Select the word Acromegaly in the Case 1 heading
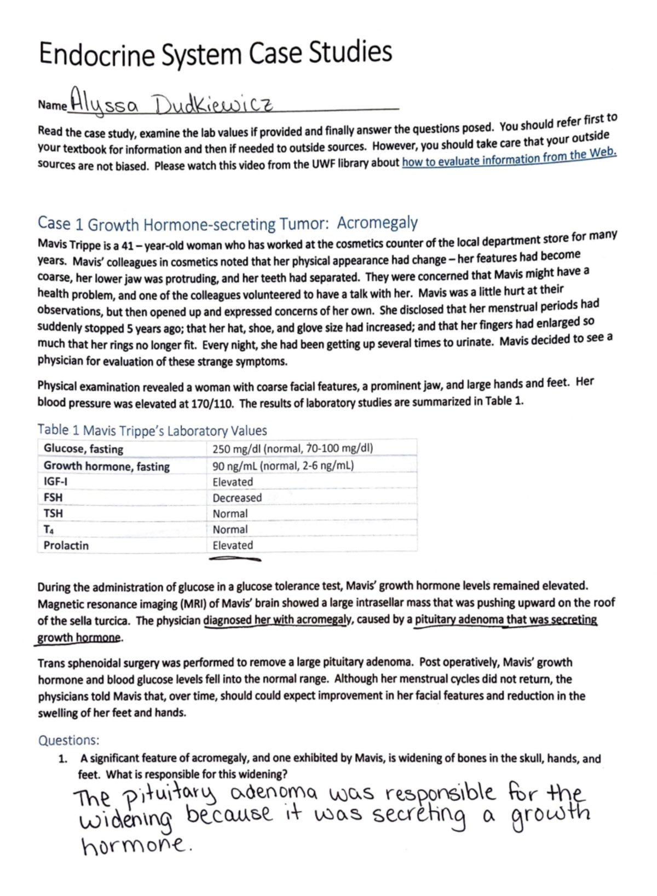pyautogui.click(x=377, y=223)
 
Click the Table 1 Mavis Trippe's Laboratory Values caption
pyautogui.click(x=152, y=430)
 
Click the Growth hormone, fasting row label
pyautogui.click(x=107, y=466)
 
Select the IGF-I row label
pyautogui.click(x=55, y=482)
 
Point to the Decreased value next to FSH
pyautogui.click(x=237, y=498)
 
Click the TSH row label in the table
pyautogui.click(x=53, y=513)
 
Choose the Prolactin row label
pyautogui.click(x=66, y=545)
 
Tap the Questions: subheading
pyautogui.click(x=68, y=740)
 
